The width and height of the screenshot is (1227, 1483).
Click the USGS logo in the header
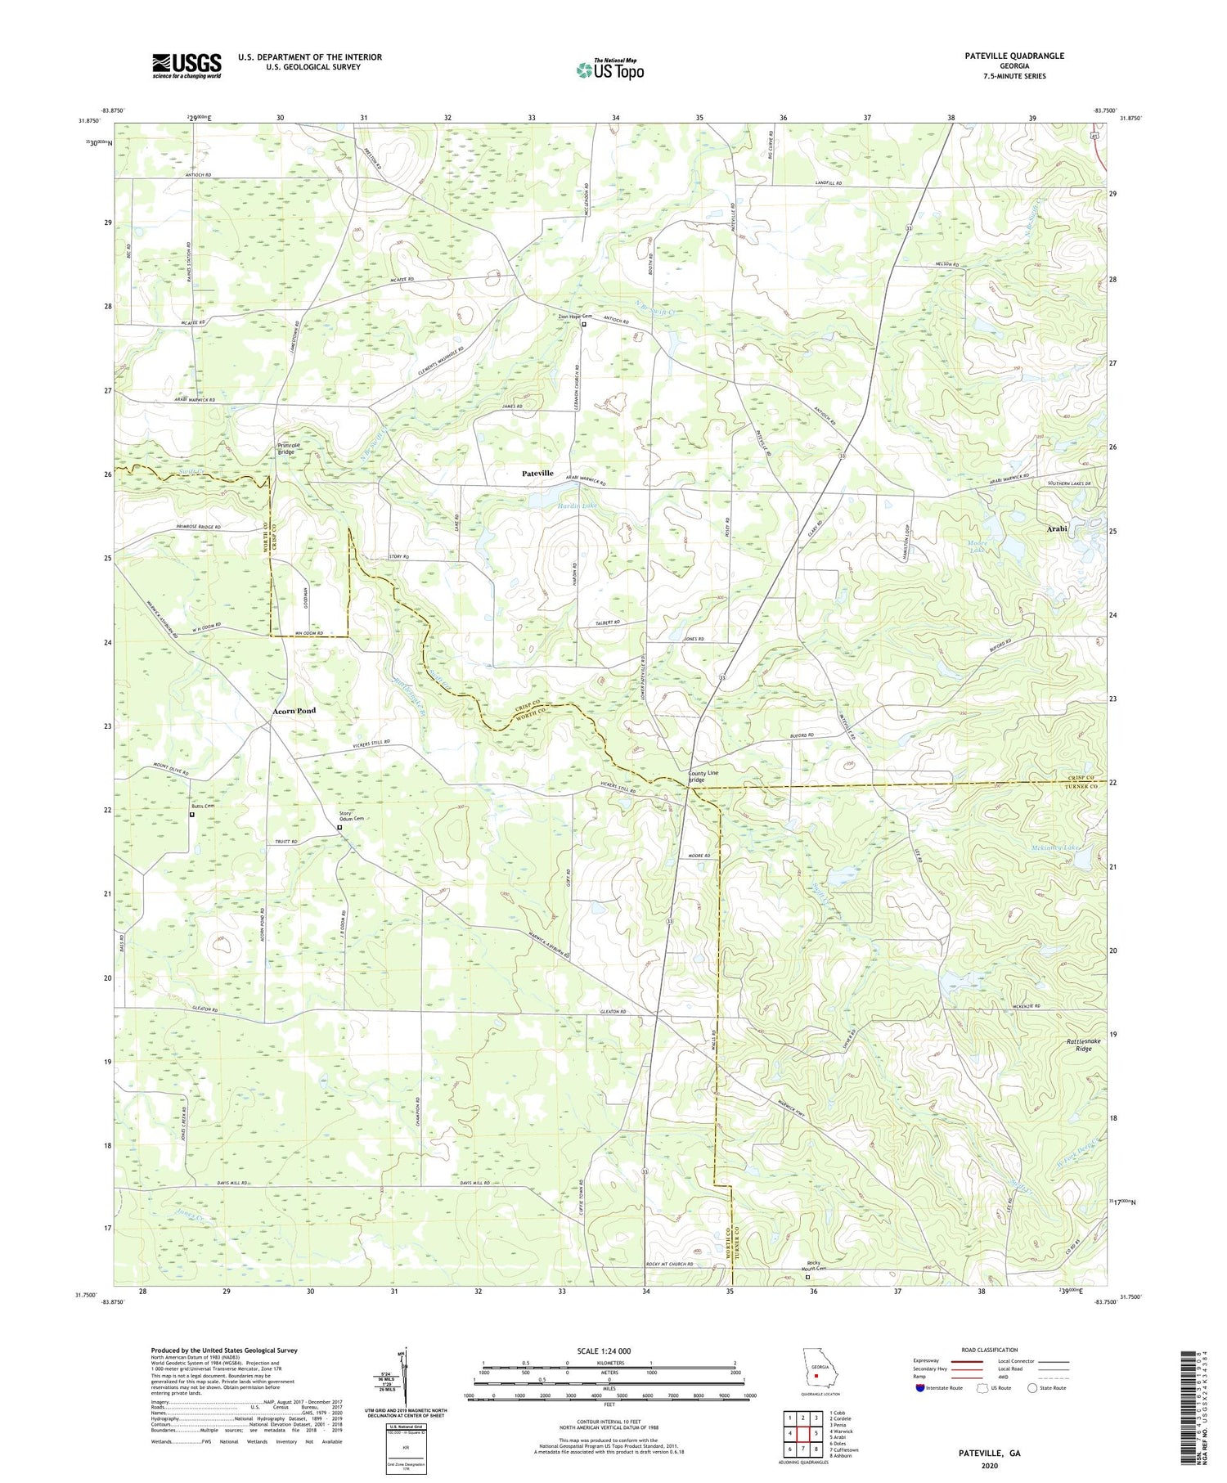(187, 65)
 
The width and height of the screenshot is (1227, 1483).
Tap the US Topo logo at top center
(609, 70)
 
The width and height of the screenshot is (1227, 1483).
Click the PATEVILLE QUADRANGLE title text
(1014, 56)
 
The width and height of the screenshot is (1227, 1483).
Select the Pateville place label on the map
(537, 474)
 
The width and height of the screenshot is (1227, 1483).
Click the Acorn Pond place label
(294, 711)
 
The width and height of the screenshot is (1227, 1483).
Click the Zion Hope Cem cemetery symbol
(584, 324)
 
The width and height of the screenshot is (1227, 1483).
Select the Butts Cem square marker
(192, 814)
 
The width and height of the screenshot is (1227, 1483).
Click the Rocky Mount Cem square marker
(807, 1276)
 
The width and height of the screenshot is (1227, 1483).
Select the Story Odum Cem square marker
(339, 827)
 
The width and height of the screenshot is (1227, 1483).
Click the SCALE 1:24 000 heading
(609, 1350)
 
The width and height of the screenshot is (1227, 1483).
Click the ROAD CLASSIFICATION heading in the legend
(988, 1350)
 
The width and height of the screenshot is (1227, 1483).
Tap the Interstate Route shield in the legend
(921, 1387)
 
